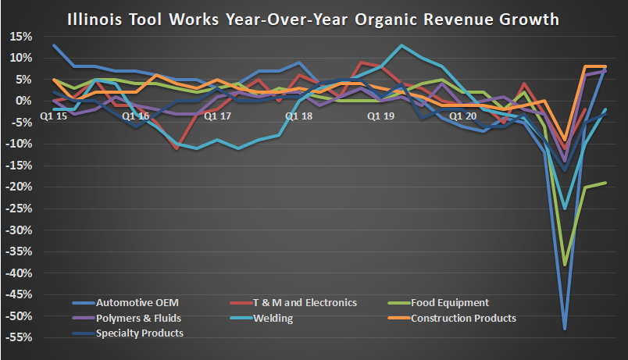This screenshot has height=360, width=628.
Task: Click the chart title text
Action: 313,18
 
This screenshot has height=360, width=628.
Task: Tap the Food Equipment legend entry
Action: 451,303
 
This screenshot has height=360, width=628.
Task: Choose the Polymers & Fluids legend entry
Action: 138,318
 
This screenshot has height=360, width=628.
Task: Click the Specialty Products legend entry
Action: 139,333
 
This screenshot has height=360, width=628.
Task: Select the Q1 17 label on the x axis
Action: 216,116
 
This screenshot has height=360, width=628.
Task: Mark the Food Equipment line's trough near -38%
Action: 565,265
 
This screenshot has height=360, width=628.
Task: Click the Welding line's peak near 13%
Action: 401,45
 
